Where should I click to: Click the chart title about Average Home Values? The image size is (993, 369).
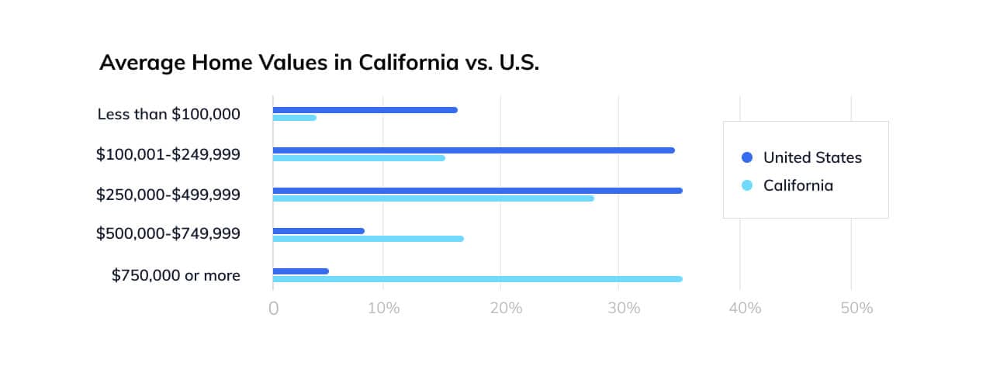(319, 63)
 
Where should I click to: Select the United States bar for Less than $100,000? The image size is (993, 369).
(365, 110)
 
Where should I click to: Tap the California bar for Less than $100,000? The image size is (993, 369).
(295, 118)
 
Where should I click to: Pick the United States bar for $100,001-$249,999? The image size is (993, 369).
(473, 150)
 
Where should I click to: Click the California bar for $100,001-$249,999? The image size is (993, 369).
(358, 158)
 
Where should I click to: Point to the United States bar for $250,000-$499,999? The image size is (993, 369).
(477, 191)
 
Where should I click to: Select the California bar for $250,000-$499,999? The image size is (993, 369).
(433, 198)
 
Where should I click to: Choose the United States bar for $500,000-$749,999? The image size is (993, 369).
(318, 231)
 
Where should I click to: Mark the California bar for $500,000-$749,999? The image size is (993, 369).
(368, 239)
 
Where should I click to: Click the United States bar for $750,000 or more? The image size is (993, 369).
(300, 271)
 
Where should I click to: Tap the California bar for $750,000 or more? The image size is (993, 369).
(477, 279)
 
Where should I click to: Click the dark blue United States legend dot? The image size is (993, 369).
(747, 157)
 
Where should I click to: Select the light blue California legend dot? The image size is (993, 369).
(747, 185)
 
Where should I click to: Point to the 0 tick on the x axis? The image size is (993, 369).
(273, 309)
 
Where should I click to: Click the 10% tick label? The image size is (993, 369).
(384, 309)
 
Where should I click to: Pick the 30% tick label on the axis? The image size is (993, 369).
(625, 309)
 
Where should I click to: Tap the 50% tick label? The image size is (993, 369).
(857, 309)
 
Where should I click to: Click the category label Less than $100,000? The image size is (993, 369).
(168, 114)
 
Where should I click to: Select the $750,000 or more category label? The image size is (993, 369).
(175, 275)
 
